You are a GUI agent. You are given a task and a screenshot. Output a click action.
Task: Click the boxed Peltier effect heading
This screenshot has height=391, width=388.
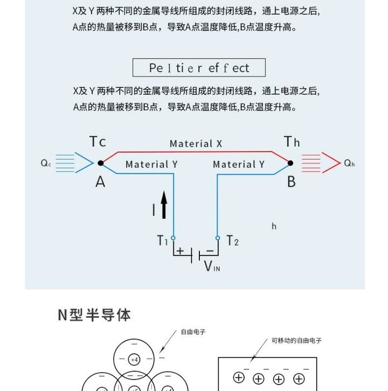pyautogui.click(x=199, y=67)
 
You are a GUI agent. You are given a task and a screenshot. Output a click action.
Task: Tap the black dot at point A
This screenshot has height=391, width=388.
pyautogui.click(x=100, y=162)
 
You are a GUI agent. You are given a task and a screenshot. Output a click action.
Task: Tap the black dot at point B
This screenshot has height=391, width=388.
pyautogui.click(x=290, y=162)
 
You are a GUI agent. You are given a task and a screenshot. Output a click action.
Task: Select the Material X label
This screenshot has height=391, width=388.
pyautogui.click(x=196, y=143)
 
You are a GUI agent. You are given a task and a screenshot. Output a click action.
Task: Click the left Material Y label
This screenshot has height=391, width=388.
pyautogui.click(x=151, y=164)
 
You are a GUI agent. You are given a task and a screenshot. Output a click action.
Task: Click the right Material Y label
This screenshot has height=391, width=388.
pyautogui.click(x=239, y=164)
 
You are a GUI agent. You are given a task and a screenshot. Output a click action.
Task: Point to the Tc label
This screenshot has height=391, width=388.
pyautogui.click(x=98, y=142)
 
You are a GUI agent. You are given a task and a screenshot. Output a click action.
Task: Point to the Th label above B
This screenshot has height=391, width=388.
pyautogui.click(x=292, y=142)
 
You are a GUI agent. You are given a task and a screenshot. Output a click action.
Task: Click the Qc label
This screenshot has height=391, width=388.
pyautogui.click(x=46, y=163)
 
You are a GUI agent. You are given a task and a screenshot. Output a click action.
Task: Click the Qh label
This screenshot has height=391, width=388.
pyautogui.click(x=350, y=163)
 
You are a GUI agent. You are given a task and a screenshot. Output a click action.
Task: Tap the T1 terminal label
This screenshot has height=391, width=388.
pyautogui.click(x=162, y=240)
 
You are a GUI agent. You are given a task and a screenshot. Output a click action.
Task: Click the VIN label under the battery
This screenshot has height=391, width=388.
pyautogui.click(x=212, y=266)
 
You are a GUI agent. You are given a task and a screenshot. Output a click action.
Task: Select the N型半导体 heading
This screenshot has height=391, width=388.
pyautogui.click(x=94, y=315)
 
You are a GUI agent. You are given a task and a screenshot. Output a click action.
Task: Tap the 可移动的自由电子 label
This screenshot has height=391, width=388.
pyautogui.click(x=296, y=341)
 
